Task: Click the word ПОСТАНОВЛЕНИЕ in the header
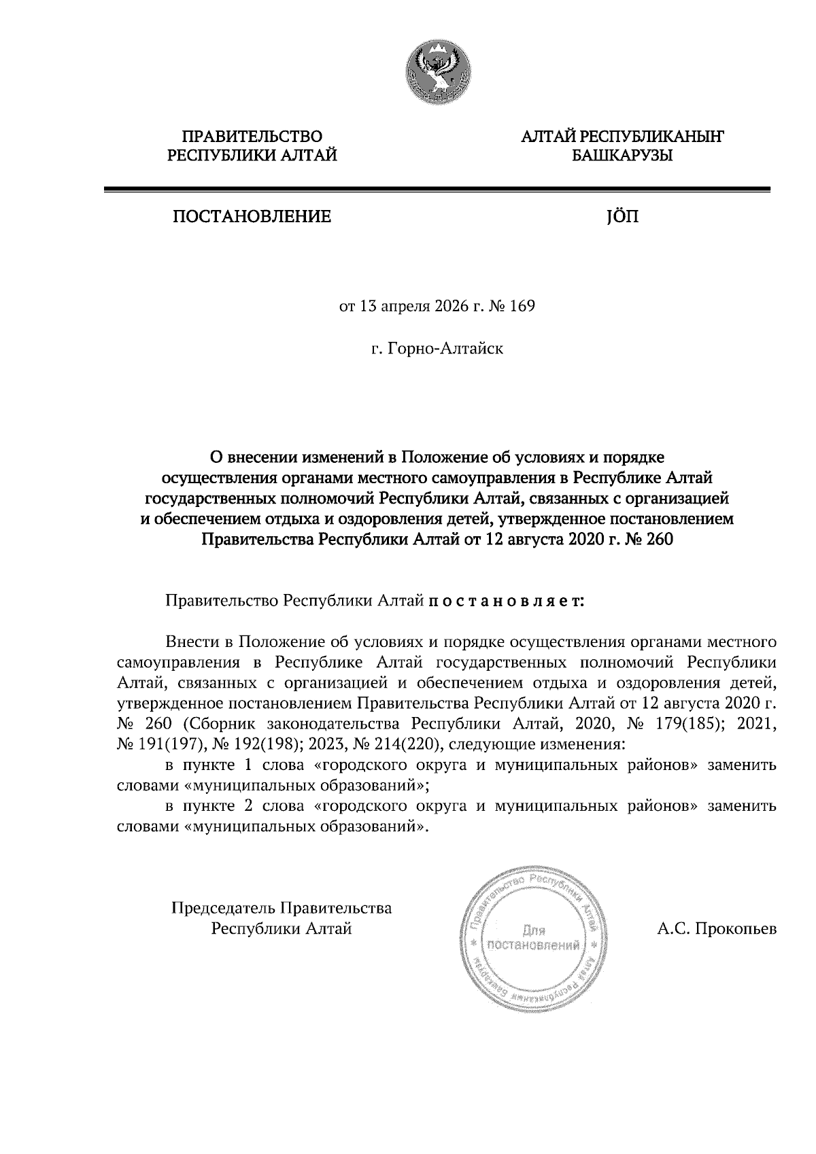pos(252,217)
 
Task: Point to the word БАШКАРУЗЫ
pos(622,156)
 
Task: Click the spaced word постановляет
pos(505,601)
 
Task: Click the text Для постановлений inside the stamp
pos(534,938)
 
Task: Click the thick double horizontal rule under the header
pos(437,190)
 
